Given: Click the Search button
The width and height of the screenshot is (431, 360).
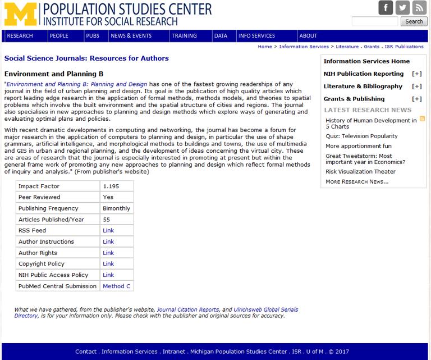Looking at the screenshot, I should point(414,21).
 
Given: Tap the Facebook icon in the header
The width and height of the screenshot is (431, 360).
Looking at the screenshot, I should point(386,8).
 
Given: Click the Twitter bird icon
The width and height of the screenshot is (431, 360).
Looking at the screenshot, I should point(402,8).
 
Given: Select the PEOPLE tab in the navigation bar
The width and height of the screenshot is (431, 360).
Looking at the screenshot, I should point(59,36).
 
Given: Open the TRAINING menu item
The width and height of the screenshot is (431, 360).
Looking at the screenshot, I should point(184,36).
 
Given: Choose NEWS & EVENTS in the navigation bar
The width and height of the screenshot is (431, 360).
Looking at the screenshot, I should point(131,36).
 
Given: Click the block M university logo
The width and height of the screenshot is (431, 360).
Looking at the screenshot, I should point(20,14).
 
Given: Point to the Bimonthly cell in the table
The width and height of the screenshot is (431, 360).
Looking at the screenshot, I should point(116,208).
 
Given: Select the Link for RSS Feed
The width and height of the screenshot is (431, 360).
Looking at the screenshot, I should point(108,231).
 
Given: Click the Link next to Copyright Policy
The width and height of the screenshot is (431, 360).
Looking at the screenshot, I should point(108,264).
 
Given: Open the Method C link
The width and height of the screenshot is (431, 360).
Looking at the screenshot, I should point(117,286).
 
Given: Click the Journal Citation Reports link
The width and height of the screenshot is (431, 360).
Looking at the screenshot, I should point(187,310).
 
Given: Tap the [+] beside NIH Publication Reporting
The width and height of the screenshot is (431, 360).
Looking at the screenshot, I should point(416,74).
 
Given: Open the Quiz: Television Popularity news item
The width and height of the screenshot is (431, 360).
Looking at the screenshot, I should point(361,136).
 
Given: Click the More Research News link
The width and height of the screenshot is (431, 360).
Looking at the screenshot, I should point(357,182).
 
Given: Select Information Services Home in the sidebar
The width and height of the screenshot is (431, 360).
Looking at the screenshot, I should point(366,62).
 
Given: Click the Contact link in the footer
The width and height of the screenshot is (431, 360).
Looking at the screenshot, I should point(86,352).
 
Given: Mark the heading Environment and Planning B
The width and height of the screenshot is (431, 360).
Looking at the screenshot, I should point(54,74).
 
